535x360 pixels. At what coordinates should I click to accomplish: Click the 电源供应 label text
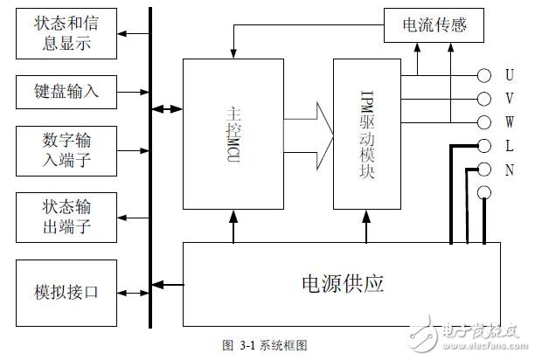[x=342, y=284]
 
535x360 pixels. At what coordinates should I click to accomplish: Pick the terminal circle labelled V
[x=483, y=98]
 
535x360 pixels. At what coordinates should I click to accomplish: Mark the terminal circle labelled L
[x=483, y=145]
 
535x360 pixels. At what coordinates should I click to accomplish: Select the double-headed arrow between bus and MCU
[x=166, y=109]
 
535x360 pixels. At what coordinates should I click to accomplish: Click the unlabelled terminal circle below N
[x=483, y=191]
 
